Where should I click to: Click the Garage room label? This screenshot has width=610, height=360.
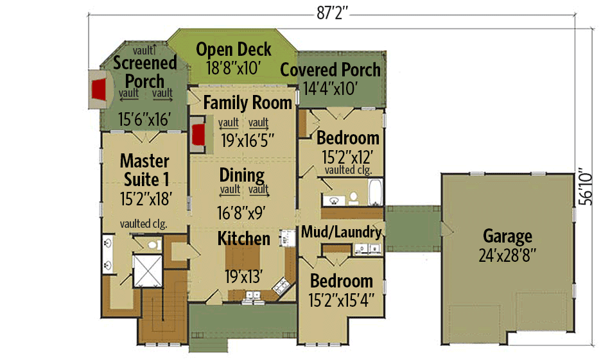pyautogui.click(x=507, y=236)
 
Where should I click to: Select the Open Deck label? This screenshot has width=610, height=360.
pyautogui.click(x=234, y=49)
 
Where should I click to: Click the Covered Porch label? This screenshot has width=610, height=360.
pyautogui.click(x=331, y=70)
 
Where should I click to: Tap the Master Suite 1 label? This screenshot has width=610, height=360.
pyautogui.click(x=144, y=169)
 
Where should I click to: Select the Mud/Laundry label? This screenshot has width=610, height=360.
pyautogui.click(x=341, y=232)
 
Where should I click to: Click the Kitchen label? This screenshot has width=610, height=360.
pyautogui.click(x=243, y=239)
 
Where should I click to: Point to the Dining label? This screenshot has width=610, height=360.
pyautogui.click(x=241, y=175)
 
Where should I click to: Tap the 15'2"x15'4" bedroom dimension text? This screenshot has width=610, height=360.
pyautogui.click(x=341, y=299)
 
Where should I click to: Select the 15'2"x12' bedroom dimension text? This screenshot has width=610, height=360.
pyautogui.click(x=347, y=155)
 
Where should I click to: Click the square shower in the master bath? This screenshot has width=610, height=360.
pyautogui.click(x=146, y=270)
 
